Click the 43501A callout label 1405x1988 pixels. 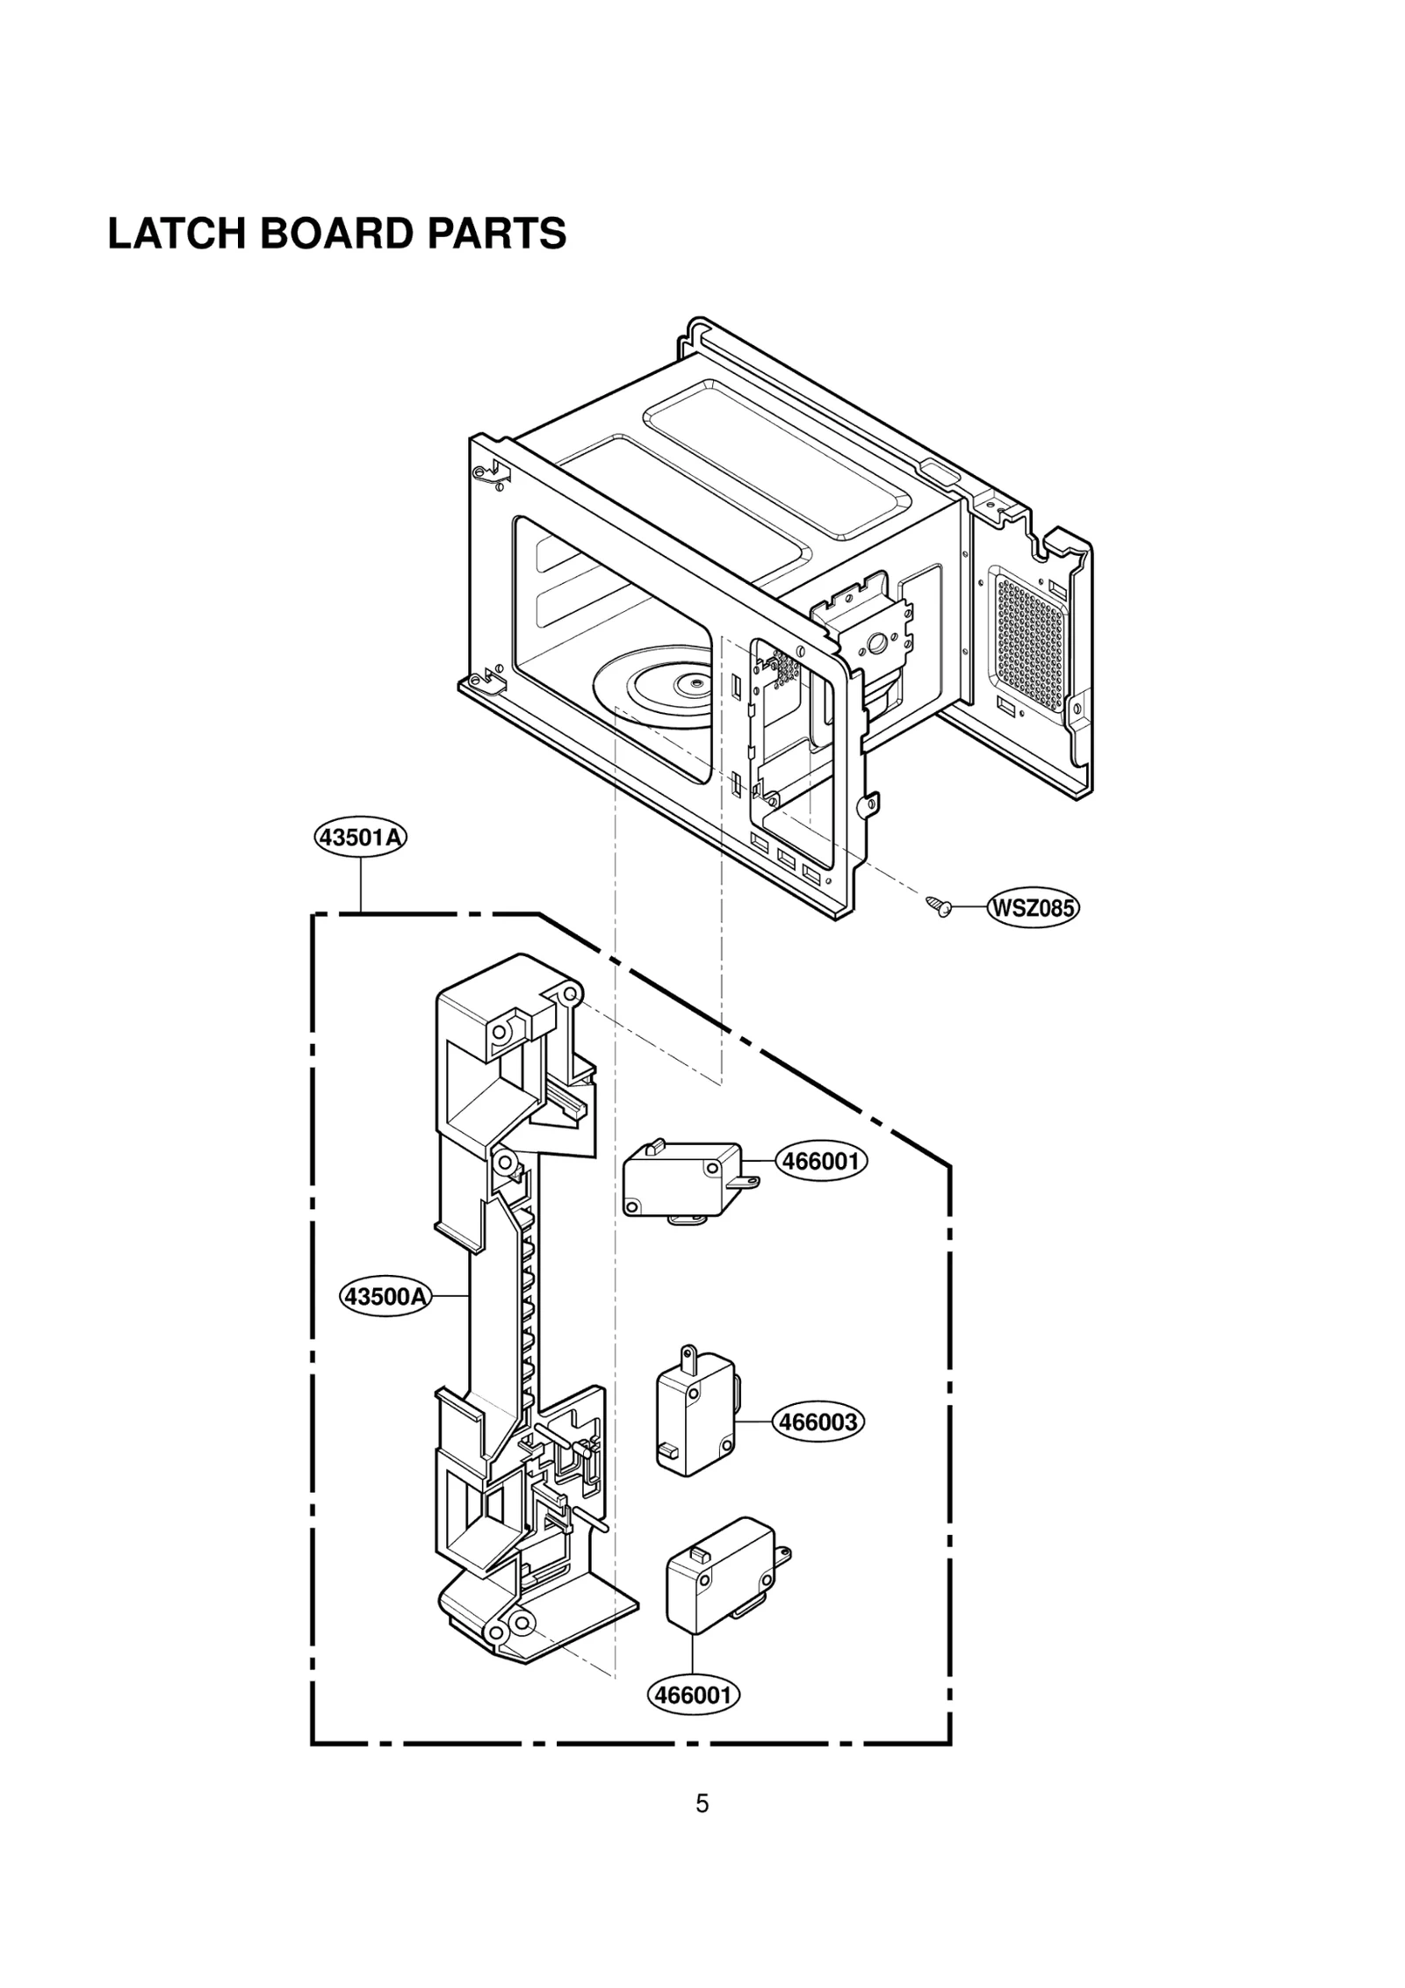click(x=361, y=838)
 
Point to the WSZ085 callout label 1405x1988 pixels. click(x=1033, y=908)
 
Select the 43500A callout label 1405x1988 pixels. click(x=386, y=1295)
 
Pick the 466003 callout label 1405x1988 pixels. click(x=818, y=1422)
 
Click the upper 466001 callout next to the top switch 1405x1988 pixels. click(x=821, y=1162)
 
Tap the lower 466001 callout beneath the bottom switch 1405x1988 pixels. click(x=694, y=1694)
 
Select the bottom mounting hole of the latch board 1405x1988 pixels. click(x=518, y=1621)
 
